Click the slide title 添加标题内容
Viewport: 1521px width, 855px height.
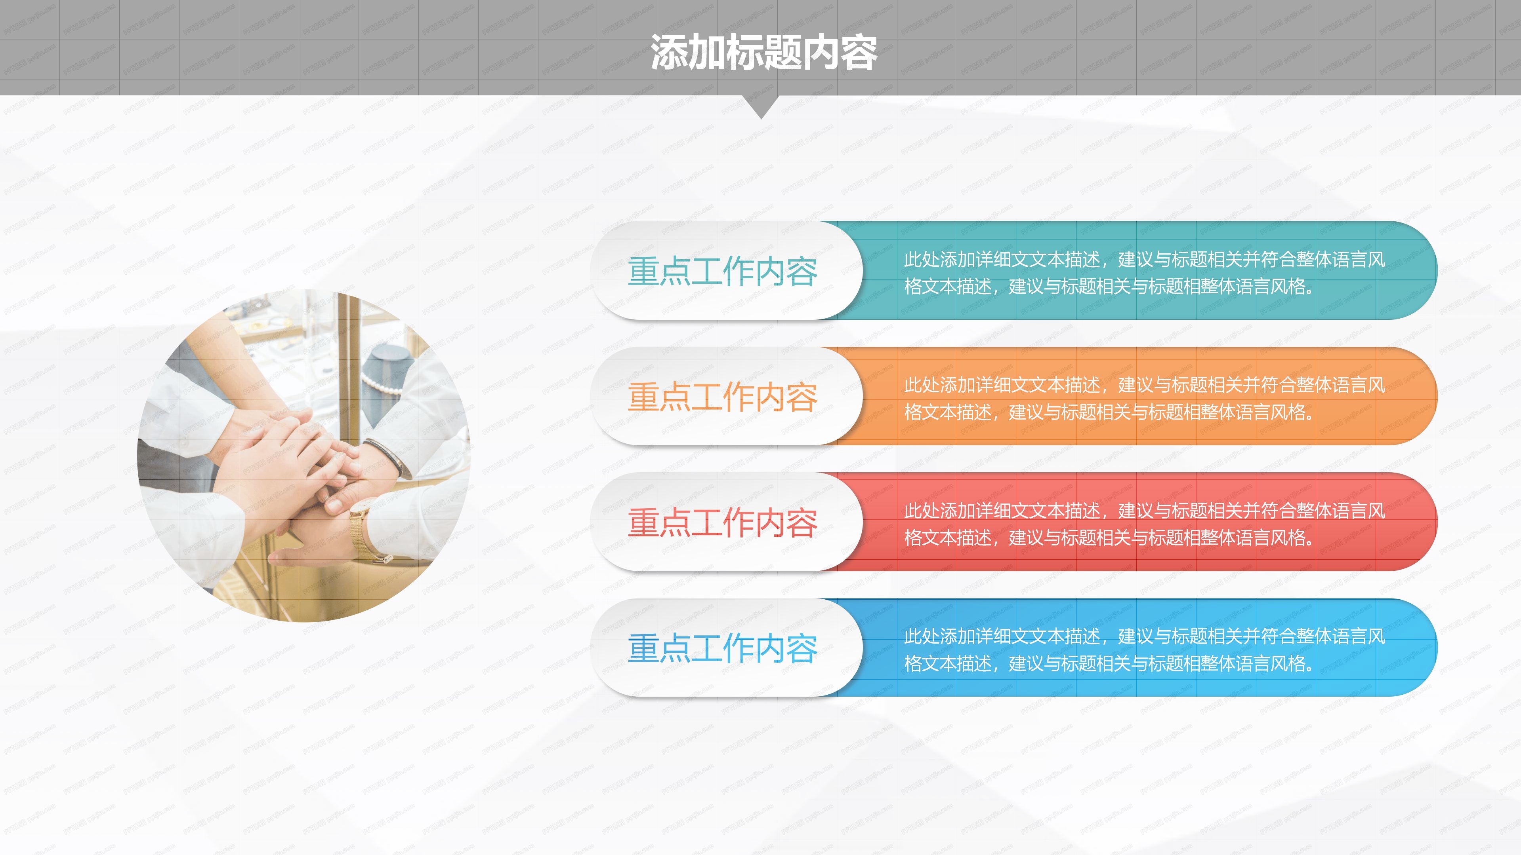[x=763, y=52]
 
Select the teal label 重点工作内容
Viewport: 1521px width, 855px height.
[x=722, y=272]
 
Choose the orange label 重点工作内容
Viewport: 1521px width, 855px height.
[x=722, y=397]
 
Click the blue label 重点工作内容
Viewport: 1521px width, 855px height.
[x=722, y=648]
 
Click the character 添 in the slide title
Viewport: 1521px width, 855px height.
[x=670, y=52]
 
